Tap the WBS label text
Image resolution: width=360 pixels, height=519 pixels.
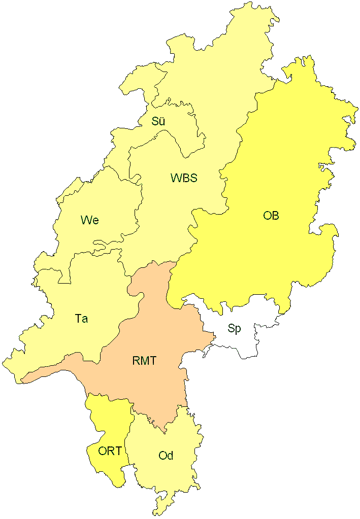(x=184, y=178)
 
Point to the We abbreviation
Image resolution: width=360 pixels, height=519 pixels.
(x=89, y=220)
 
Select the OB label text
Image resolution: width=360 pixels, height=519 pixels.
(x=271, y=215)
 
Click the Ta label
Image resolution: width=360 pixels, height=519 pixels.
(x=81, y=319)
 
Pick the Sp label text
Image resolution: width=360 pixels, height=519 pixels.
(x=234, y=328)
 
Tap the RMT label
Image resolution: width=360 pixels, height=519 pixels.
(x=144, y=361)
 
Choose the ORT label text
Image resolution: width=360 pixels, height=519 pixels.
(x=110, y=451)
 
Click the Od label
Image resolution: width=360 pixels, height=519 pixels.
(x=166, y=456)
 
